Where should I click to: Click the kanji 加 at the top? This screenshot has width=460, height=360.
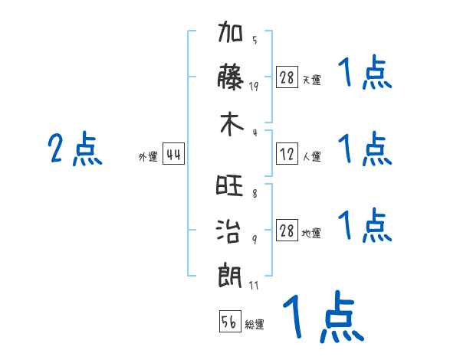(231, 31)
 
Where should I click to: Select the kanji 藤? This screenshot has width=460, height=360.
(231, 77)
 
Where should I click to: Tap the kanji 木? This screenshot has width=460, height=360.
(232, 124)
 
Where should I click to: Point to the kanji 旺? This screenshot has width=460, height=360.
(230, 185)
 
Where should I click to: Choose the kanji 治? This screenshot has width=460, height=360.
(228, 231)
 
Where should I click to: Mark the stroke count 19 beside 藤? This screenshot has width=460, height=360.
(254, 87)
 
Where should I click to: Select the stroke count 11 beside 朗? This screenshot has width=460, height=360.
(254, 285)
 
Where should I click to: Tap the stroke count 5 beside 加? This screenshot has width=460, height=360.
(255, 40)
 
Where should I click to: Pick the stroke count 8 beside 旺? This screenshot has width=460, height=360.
(255, 194)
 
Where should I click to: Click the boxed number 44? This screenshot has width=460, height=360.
(174, 154)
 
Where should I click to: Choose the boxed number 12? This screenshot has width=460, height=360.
(287, 154)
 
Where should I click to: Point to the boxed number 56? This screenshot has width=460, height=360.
(230, 321)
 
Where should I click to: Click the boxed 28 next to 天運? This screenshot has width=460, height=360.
(287, 77)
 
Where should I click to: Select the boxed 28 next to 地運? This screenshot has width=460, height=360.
(287, 230)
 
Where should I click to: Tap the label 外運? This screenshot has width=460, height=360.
(148, 157)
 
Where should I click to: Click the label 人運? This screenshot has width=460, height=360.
(312, 157)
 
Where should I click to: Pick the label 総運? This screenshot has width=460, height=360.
(255, 325)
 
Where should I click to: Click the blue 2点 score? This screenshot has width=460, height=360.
(75, 149)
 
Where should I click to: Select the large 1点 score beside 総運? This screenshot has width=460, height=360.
(324, 316)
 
